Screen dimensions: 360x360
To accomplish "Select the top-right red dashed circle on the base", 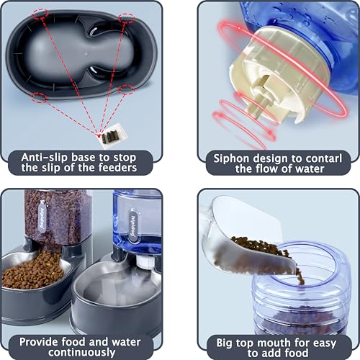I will pyautogui.click(x=126, y=17).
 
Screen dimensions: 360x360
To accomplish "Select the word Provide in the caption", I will pyautogui.click(x=41, y=341).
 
